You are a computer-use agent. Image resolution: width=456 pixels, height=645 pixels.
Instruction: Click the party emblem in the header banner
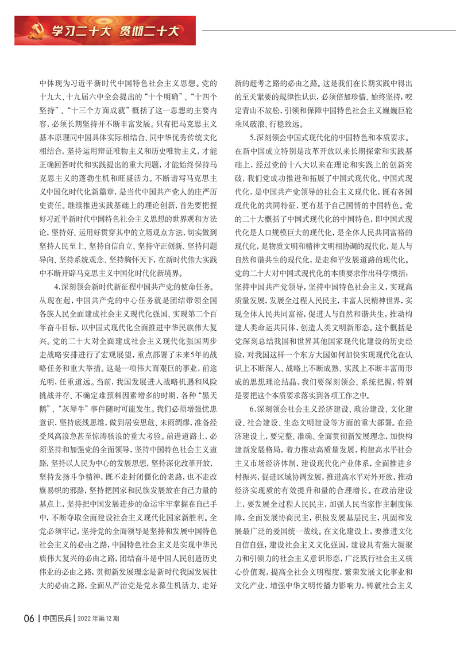pos(33,28)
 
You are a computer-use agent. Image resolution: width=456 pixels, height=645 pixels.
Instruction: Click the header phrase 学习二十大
pos(74,29)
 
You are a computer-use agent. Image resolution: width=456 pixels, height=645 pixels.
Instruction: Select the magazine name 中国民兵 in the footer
pos(57,618)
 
